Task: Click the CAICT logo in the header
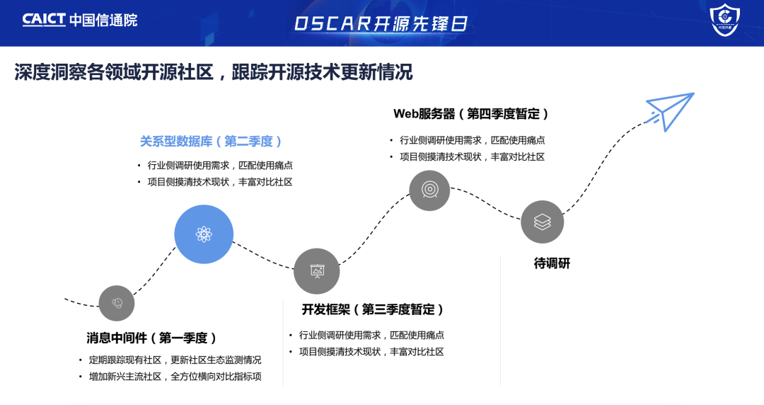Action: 79,20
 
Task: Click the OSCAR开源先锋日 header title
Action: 381,23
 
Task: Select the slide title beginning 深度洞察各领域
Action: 213,72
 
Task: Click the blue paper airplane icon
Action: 669,110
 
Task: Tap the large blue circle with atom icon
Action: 204,234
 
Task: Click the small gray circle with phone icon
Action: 117,303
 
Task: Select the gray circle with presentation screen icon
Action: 317,271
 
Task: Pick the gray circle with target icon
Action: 429,190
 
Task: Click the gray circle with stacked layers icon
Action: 542,222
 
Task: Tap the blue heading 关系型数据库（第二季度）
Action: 212,142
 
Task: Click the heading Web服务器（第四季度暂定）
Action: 471,114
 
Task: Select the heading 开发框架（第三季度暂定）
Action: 373,309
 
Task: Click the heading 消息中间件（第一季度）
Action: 152,338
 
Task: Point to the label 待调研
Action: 552,264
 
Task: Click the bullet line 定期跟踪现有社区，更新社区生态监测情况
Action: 174,360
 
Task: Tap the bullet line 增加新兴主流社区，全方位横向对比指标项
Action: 174,377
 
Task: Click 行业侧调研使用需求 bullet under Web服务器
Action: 472,140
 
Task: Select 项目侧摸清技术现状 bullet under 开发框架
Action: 371,352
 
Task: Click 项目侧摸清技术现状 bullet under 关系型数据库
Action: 220,182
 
